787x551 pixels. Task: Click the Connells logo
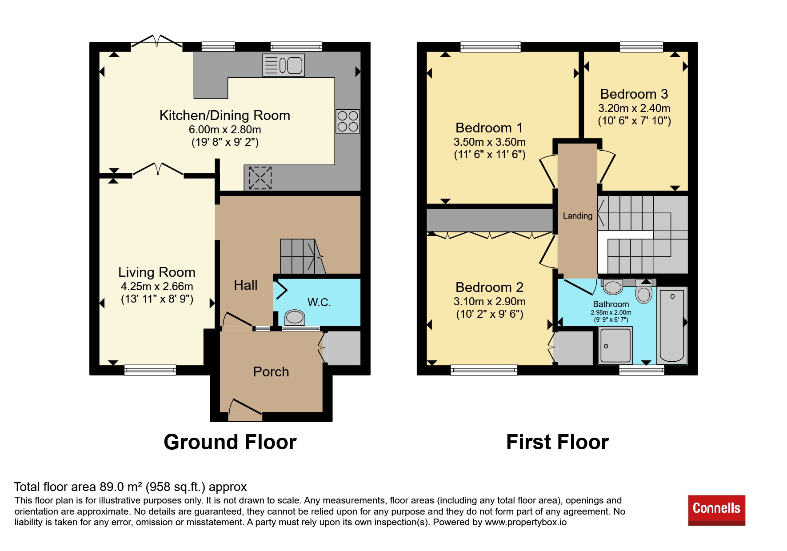point(716,510)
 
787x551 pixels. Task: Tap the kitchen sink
point(284,65)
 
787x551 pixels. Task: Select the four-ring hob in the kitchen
point(348,121)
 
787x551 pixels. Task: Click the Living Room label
point(157,272)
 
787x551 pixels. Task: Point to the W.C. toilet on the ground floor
point(294,317)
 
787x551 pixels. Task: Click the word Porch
point(271,371)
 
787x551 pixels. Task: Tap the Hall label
point(246,285)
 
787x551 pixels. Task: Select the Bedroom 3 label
point(634,94)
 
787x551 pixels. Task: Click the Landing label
point(578,216)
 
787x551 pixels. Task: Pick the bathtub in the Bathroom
point(672,325)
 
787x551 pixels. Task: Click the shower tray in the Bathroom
point(615,345)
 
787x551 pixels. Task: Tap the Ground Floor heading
point(230,442)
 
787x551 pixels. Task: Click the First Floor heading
point(557,442)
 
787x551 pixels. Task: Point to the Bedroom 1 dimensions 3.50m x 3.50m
point(490,142)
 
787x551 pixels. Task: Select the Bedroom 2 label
point(490,287)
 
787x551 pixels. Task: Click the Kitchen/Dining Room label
point(225,116)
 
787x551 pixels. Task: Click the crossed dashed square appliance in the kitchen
point(260,178)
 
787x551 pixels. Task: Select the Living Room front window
point(150,370)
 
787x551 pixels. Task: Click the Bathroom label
point(611,304)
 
